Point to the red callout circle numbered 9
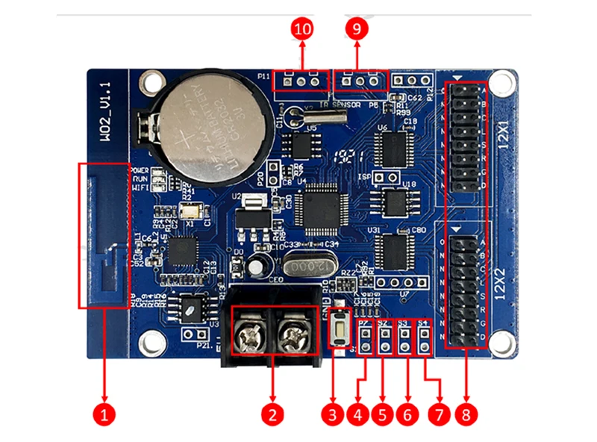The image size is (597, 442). pos(357,29)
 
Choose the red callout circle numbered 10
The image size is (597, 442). pos(302,29)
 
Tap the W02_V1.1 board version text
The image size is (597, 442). pos(105,109)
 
